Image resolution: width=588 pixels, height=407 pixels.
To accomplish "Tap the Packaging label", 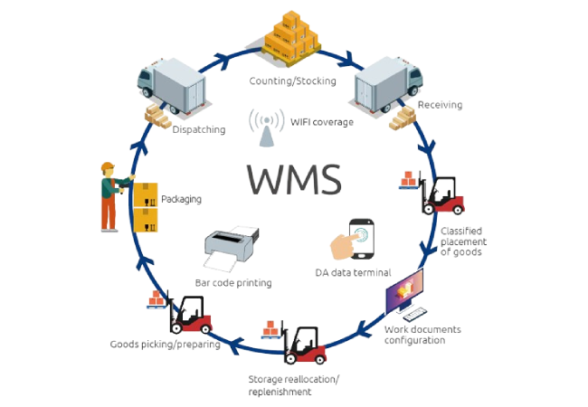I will (x=180, y=197).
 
